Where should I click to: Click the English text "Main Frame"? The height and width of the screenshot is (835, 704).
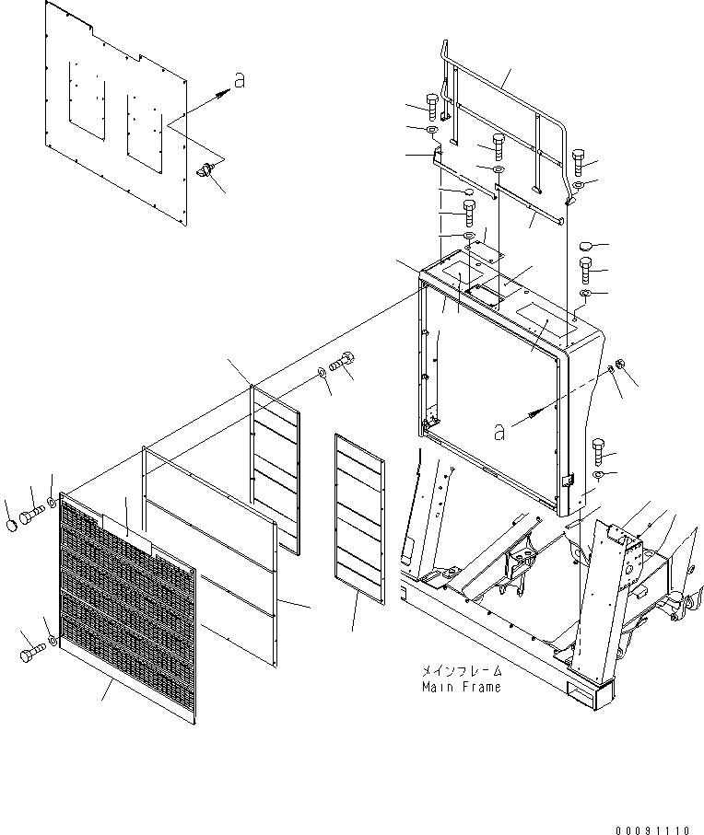tap(461, 687)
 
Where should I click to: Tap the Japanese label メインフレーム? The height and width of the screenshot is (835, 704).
tap(461, 672)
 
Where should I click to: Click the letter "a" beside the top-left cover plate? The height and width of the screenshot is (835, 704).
tap(240, 82)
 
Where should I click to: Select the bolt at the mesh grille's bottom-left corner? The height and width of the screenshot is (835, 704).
tap(29, 655)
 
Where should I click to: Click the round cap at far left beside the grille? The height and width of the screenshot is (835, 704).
tap(11, 526)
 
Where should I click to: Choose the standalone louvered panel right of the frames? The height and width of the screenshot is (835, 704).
tap(359, 518)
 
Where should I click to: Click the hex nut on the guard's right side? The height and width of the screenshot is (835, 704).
tap(621, 365)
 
